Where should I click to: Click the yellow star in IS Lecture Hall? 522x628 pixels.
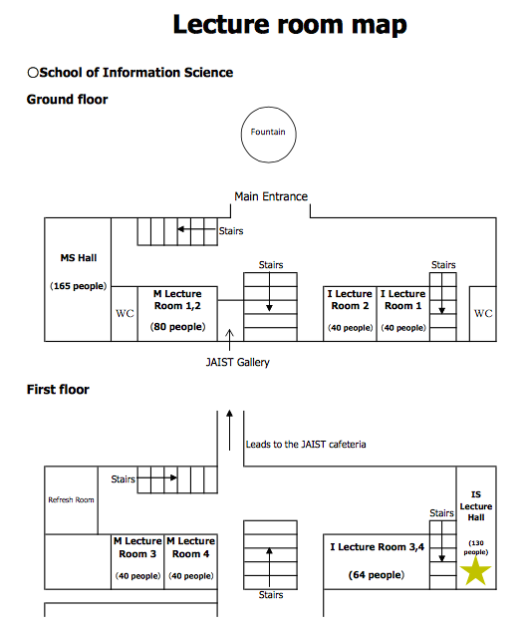tap(475, 570)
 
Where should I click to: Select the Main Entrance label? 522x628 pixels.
tap(271, 196)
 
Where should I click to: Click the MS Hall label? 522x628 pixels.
tap(79, 258)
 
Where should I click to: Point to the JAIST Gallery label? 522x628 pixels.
tap(238, 363)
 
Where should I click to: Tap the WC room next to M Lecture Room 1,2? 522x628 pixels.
tap(125, 314)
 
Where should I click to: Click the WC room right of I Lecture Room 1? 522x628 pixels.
tap(483, 314)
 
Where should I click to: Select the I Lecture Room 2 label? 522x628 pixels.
tap(350, 300)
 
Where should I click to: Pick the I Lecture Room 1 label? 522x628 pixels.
tap(403, 300)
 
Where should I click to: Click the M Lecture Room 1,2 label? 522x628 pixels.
tap(177, 300)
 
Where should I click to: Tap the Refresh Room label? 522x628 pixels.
tap(72, 499)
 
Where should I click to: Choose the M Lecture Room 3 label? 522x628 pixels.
tap(137, 547)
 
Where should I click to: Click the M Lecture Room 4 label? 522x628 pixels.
tap(191, 547)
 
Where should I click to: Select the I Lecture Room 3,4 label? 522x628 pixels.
tap(378, 547)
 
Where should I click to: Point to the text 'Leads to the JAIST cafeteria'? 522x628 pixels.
tap(306, 445)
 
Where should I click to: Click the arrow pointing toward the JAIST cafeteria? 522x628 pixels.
tap(229, 431)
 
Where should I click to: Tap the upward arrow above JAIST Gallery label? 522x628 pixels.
tap(229, 340)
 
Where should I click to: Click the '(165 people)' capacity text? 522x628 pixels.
tap(79, 286)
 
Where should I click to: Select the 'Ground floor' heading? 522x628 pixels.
tap(68, 100)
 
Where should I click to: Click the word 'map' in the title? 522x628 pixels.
tap(380, 25)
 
